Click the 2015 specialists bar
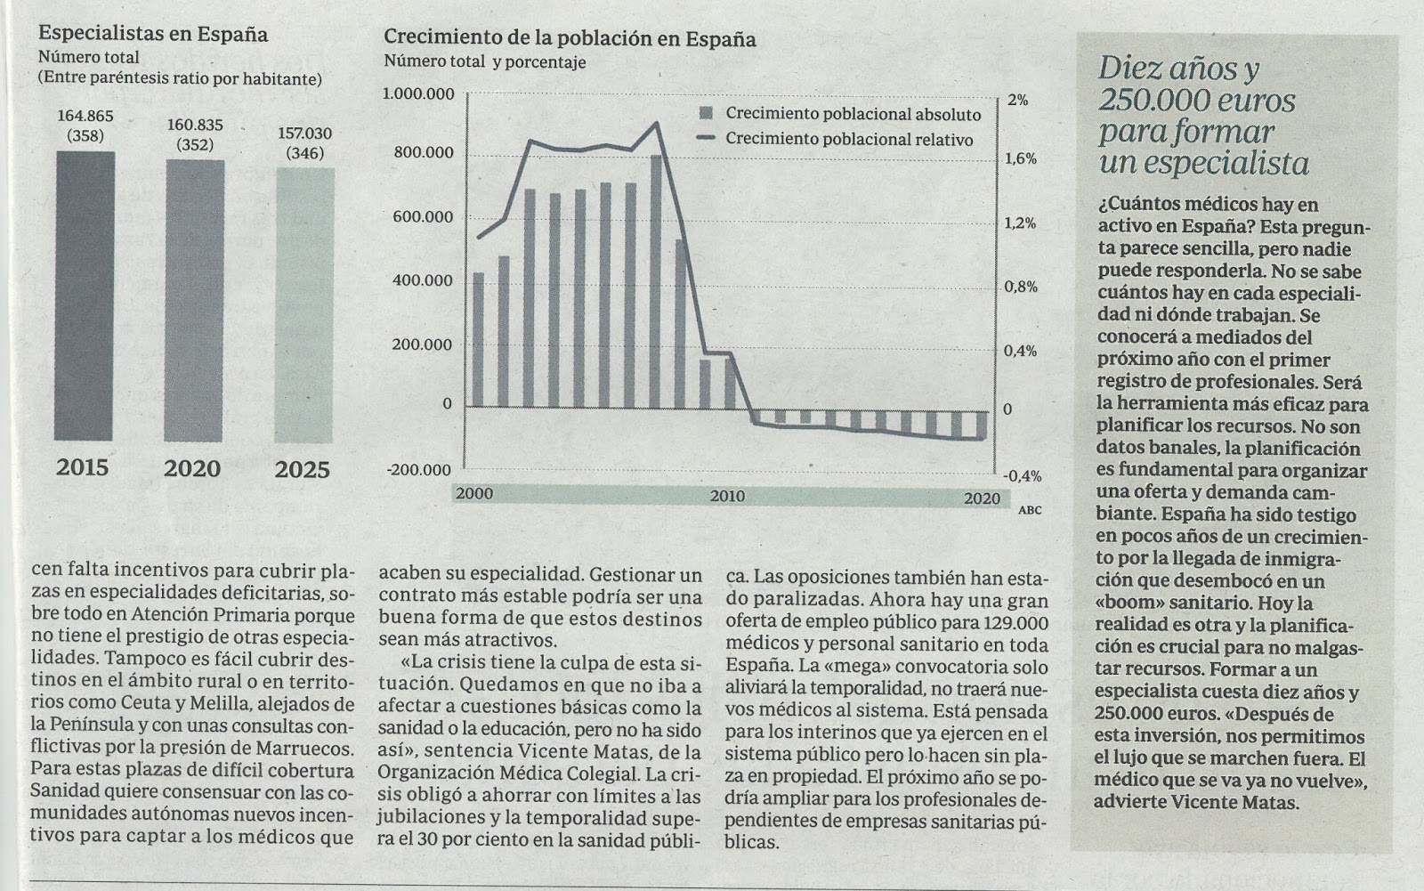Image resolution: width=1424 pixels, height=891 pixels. pyautogui.click(x=85, y=296)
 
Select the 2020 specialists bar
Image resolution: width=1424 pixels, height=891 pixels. pyautogui.click(x=194, y=301)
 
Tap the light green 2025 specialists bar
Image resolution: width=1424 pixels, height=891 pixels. pyautogui.click(x=304, y=305)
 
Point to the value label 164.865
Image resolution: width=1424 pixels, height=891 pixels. pyautogui.click(x=85, y=116)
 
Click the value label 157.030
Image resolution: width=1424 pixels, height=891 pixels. pyautogui.click(x=304, y=134)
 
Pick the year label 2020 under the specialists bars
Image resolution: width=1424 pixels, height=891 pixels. pyautogui.click(x=192, y=468)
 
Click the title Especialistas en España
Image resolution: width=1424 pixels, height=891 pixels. pyautogui.click(x=153, y=35)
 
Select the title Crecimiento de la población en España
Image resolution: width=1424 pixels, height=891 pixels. pyautogui.click(x=570, y=39)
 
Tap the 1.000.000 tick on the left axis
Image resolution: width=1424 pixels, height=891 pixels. pyautogui.click(x=418, y=94)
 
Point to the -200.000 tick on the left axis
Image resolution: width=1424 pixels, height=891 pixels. pyautogui.click(x=418, y=470)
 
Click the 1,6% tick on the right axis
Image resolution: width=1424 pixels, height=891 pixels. pyautogui.click(x=1021, y=158)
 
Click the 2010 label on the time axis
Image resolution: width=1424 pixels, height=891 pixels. pyautogui.click(x=727, y=497)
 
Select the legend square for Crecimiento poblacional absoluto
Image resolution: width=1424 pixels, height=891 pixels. pyautogui.click(x=707, y=114)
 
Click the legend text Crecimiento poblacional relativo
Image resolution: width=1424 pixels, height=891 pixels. pyautogui.click(x=849, y=140)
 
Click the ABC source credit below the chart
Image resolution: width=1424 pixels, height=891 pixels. pyautogui.click(x=1029, y=511)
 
